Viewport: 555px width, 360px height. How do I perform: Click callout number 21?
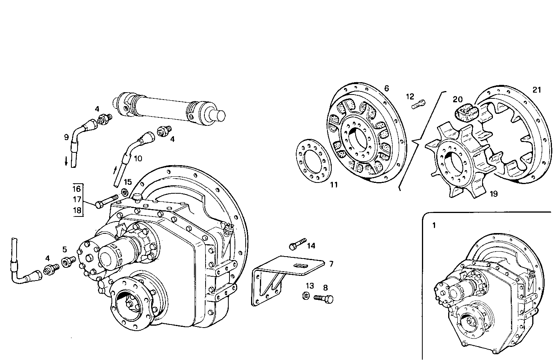point(536,90)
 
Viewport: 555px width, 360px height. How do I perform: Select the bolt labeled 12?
point(420,103)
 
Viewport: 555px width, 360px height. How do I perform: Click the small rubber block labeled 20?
point(467,112)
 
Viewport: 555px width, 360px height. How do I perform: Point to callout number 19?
point(493,194)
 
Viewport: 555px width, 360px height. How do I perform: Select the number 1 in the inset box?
point(434,225)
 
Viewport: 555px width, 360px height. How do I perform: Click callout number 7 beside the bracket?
point(331,264)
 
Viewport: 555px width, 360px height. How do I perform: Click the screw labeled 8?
point(323,298)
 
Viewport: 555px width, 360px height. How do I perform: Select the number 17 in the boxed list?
point(77,199)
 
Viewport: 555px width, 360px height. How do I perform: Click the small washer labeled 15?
point(125,192)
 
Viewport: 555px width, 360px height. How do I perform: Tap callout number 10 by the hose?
point(138,158)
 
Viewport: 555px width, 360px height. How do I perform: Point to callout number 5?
point(65,249)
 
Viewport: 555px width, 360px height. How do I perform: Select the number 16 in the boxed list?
point(77,189)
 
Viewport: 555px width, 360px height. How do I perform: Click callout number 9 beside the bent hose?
point(66,137)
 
